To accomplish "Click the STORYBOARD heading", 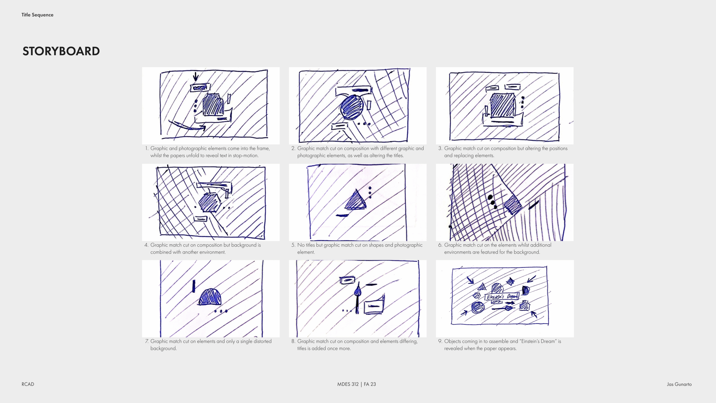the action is click(61, 51).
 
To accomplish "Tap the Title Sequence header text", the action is click(37, 15).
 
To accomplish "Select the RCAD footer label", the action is click(28, 384).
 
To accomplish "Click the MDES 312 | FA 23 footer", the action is click(357, 384).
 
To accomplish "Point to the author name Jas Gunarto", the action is click(679, 384).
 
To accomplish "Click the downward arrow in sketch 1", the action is click(196, 76).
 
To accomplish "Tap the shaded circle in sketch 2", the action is click(352, 107).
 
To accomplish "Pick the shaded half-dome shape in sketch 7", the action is click(210, 297).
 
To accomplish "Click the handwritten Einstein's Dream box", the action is click(502, 296).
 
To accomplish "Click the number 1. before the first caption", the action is click(147, 148).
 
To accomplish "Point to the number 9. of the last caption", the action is click(440, 341).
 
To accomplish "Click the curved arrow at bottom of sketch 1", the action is click(187, 126).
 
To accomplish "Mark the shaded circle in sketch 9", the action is click(478, 308).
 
